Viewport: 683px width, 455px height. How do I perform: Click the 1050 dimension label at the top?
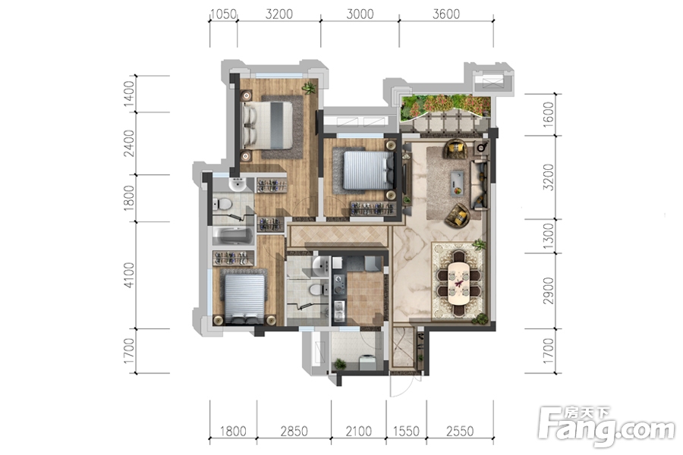(223, 14)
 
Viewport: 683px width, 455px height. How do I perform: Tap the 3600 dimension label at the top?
(446, 14)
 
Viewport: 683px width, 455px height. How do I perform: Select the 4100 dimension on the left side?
(129, 275)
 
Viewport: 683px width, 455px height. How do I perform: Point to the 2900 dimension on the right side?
(549, 291)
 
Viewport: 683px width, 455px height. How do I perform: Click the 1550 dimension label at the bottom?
(406, 431)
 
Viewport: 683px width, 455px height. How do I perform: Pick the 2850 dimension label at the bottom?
(294, 431)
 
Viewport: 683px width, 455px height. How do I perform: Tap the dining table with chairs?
(458, 283)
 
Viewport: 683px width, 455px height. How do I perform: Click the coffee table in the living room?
(457, 183)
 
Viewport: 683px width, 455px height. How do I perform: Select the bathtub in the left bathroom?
(233, 236)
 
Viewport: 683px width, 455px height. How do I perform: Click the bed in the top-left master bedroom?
(267, 124)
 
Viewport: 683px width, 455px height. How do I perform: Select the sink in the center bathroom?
(321, 265)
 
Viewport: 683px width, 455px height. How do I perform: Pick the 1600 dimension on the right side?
(549, 115)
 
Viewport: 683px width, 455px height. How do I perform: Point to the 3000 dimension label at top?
(360, 14)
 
